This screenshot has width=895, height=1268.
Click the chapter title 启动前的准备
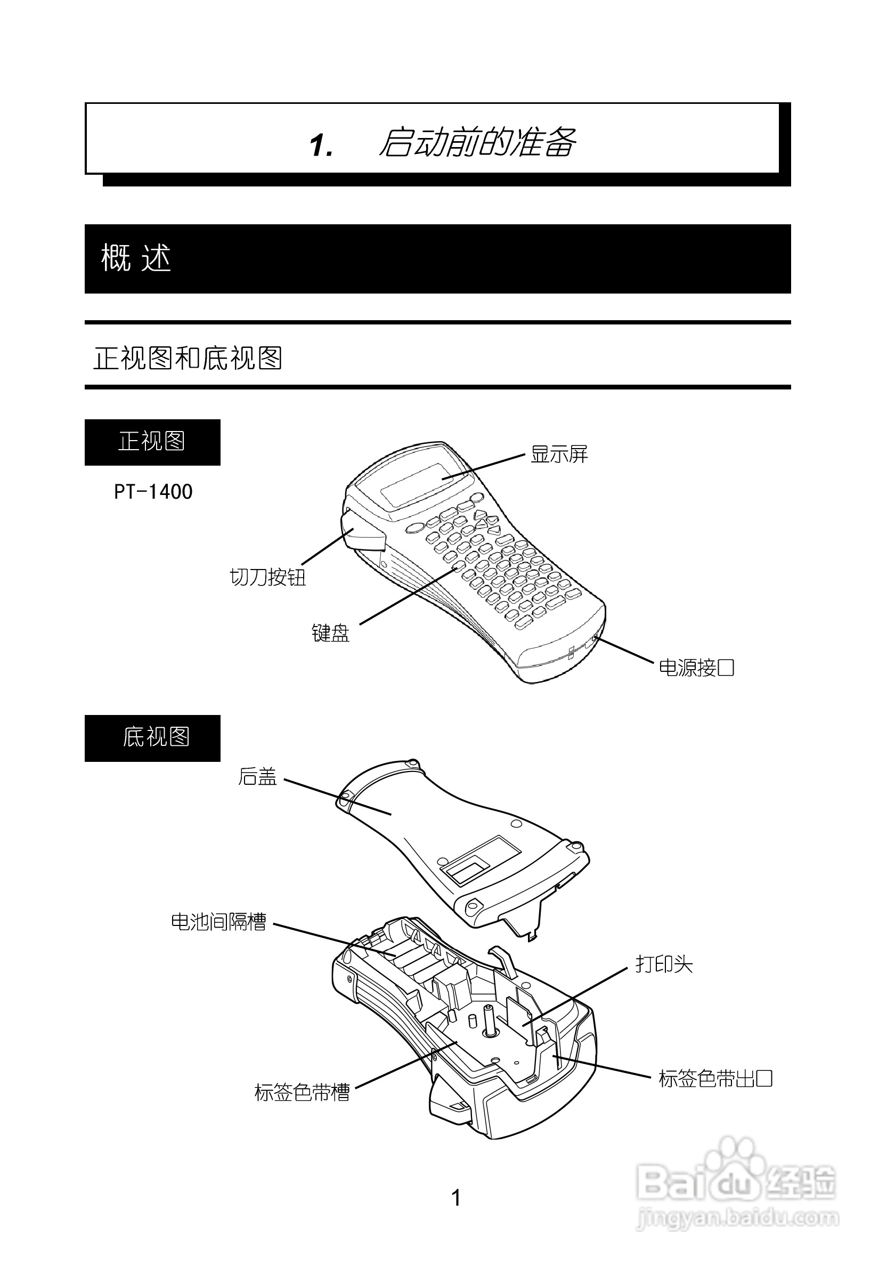(477, 143)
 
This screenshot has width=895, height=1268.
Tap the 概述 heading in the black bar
(136, 258)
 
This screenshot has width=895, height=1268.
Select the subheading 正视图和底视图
(188, 358)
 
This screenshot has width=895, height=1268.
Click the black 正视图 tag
(152, 442)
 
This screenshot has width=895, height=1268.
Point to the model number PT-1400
(153, 492)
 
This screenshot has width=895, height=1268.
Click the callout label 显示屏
(559, 454)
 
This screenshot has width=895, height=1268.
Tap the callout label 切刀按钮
(267, 577)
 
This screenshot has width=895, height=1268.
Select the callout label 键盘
(330, 633)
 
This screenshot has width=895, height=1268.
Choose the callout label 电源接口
(696, 668)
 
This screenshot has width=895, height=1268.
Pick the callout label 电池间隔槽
(218, 922)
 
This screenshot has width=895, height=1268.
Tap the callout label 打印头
(664, 964)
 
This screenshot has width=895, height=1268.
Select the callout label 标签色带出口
(715, 1078)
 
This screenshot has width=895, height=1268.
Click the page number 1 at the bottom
(456, 1198)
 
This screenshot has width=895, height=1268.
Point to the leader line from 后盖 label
(337, 796)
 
